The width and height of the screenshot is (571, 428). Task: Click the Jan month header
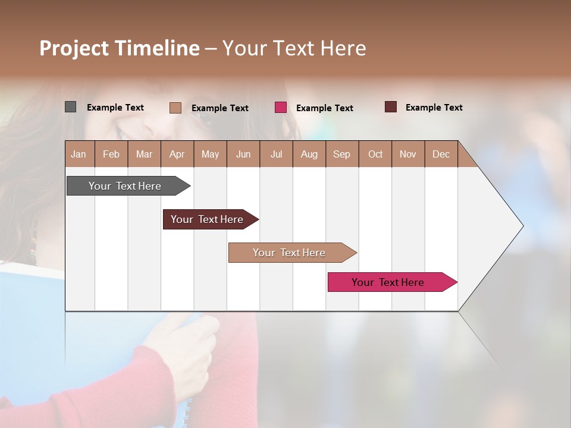click(79, 154)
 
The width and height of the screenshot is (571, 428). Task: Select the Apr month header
click(177, 154)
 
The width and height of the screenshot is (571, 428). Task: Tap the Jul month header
click(276, 154)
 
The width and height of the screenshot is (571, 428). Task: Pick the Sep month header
click(342, 154)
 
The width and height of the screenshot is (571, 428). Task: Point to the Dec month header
click(441, 154)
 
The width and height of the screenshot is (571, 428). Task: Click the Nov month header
click(408, 154)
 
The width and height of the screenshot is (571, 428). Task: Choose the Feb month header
click(111, 154)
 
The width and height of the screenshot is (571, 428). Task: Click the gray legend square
click(70, 107)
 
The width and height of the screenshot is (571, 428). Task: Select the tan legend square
click(175, 108)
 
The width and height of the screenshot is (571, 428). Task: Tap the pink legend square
click(281, 108)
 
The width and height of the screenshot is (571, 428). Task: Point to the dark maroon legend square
click(391, 107)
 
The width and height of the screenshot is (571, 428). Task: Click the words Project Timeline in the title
click(119, 48)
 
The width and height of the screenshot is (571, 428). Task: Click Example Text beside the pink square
click(324, 108)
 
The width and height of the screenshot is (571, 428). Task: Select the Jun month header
click(243, 154)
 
